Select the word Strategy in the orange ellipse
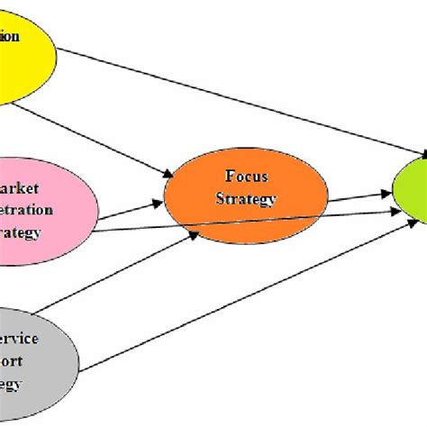244,198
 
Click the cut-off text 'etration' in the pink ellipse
27,211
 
